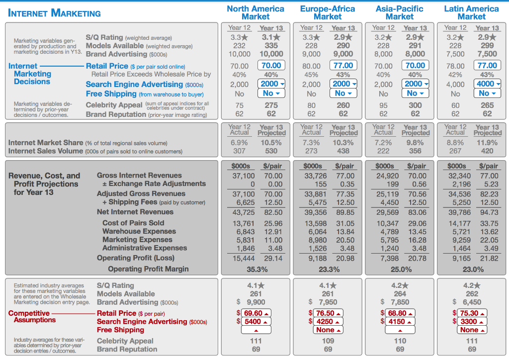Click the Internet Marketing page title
coord(54,13)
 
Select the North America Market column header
coord(255,12)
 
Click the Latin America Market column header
coord(471,12)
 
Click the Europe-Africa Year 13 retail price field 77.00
coord(343,66)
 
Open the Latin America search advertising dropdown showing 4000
coord(487,84)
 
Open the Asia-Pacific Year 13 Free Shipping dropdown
coord(415,93)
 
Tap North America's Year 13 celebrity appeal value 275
coord(271,105)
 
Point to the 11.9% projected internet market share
coord(487,143)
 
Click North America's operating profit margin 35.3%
coord(257,270)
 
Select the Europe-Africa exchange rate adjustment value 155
coord(321,184)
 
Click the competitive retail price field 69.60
coord(256,313)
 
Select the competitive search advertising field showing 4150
coord(400,322)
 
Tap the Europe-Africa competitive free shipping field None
coord(328,330)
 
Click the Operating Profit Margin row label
coord(148,269)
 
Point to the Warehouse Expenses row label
coord(139,231)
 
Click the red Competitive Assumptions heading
coord(32,317)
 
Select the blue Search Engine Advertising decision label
coord(134,85)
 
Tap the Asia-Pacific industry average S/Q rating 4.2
coord(400,285)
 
